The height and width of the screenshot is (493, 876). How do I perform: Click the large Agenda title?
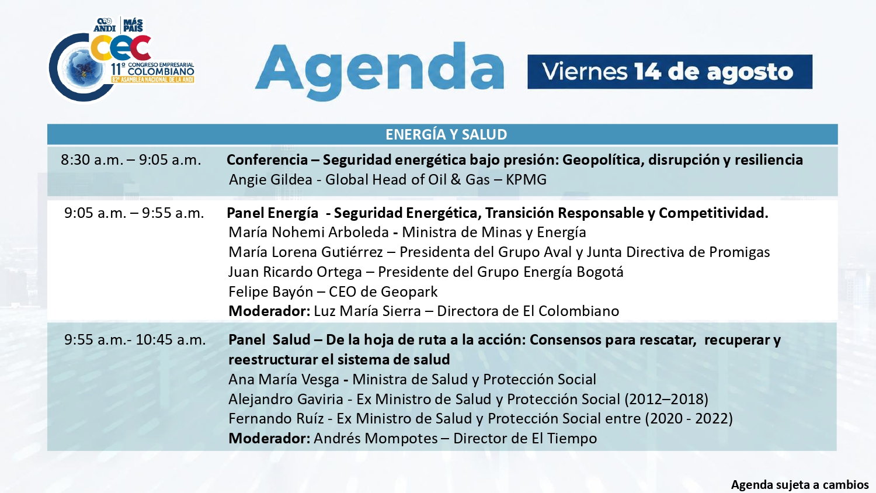pos(379,71)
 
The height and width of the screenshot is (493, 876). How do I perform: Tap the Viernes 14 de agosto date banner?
pos(669,72)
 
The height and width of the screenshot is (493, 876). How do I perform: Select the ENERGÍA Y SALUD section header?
pos(446,134)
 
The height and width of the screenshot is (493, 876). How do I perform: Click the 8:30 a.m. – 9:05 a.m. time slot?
pos(131,159)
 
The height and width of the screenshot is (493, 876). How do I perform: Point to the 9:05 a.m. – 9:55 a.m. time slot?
pos(134,213)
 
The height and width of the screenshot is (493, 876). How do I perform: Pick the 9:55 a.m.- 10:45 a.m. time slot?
pos(135,339)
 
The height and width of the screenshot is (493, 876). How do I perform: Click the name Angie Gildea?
pos(270,179)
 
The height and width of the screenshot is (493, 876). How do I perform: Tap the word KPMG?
pos(526,179)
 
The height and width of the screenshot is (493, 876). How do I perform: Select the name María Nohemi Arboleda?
pos(308,232)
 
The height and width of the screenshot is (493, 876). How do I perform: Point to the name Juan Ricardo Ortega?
pos(295,272)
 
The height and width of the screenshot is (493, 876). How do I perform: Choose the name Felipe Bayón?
pos(270,291)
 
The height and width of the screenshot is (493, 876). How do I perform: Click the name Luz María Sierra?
pos(367,311)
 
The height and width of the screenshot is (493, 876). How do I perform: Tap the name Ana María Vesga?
pos(283,379)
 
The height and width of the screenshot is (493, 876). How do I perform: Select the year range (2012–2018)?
pos(666,399)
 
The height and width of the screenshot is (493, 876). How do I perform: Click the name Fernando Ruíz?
pos(276,419)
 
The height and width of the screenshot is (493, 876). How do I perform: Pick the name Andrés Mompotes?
pos(376,438)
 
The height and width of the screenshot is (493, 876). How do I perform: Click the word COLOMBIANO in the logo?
pos(161,72)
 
